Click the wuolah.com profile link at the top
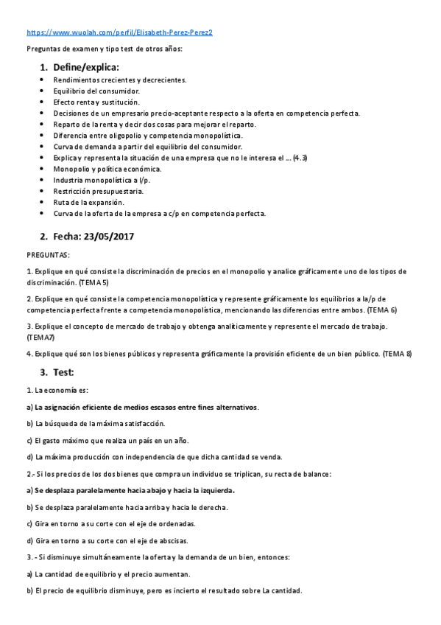[x=120, y=33]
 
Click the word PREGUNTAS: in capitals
[x=48, y=255]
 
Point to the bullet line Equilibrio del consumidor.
[x=96, y=91]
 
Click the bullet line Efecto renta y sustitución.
[x=96, y=102]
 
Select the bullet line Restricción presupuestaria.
[x=99, y=191]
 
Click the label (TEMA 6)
[x=384, y=310]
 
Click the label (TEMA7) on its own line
[x=40, y=337]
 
